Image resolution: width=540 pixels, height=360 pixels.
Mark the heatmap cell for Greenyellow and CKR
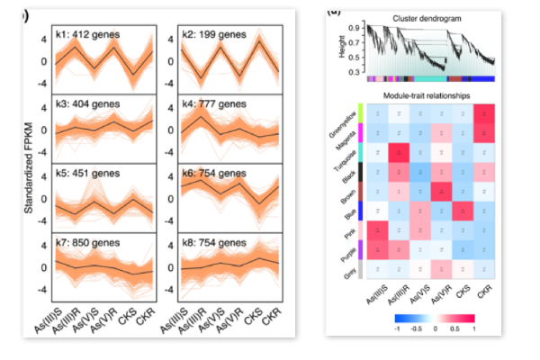(483, 114)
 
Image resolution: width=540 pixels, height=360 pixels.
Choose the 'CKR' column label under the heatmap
(486, 292)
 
